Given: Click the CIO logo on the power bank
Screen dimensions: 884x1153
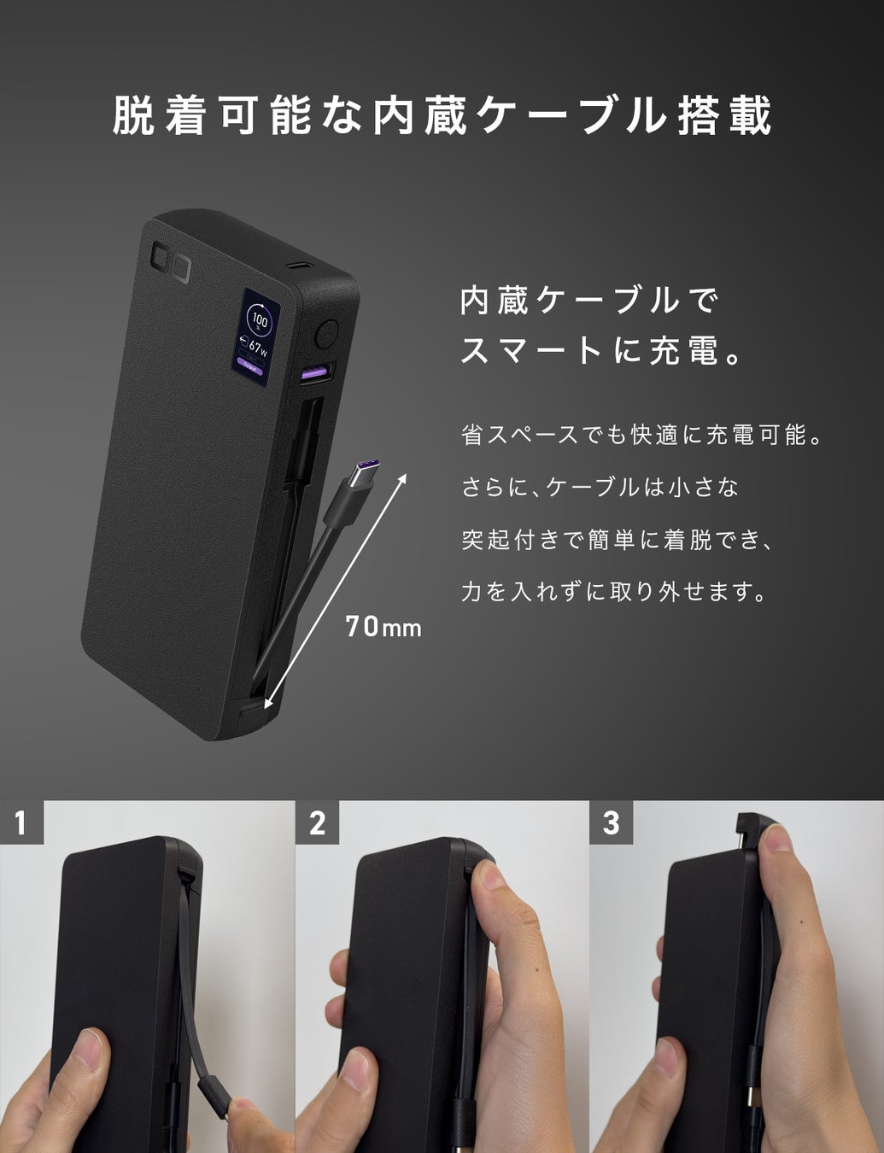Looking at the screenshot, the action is pos(171,261).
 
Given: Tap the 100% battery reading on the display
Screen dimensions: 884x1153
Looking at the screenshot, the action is pos(260,321).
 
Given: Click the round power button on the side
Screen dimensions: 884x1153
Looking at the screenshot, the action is pos(327,334).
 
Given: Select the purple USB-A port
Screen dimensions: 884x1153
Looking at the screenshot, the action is pos(315,373).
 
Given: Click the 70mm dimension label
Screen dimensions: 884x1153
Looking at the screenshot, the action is pos(383,627).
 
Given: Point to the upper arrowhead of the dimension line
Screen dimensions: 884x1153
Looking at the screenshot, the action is pos(402,478).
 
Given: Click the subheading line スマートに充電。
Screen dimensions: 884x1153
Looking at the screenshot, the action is pos(600,351).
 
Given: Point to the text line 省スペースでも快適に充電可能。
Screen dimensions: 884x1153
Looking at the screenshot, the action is pos(642,435).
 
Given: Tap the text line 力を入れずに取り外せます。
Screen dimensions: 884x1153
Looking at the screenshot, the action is pos(614,592).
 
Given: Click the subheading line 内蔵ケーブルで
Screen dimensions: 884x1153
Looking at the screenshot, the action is pos(588,301).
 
